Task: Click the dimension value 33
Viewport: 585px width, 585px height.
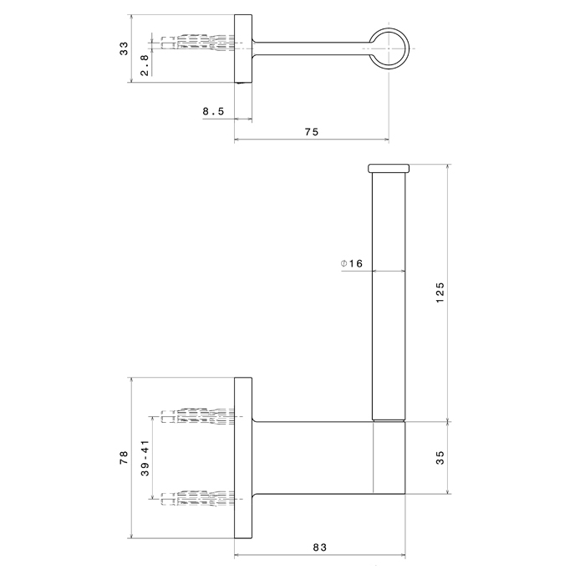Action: (x=124, y=48)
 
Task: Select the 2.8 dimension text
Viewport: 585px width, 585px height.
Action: (x=145, y=65)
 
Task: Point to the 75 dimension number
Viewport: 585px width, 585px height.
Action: (x=311, y=131)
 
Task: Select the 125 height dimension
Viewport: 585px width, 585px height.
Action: (x=440, y=292)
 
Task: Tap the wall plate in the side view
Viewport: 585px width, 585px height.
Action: (x=243, y=457)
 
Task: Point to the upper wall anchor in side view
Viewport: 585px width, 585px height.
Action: (x=201, y=415)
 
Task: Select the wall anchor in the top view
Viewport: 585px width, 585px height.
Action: (x=201, y=44)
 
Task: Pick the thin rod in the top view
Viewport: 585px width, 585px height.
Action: (x=309, y=45)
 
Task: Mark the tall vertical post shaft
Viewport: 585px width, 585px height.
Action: (x=387, y=292)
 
